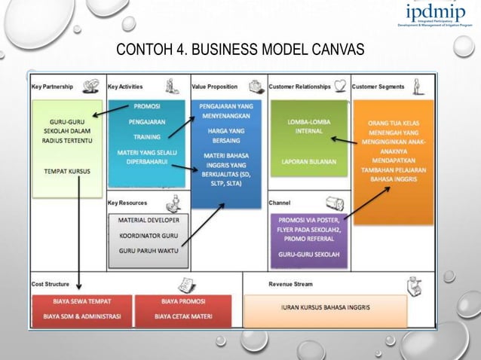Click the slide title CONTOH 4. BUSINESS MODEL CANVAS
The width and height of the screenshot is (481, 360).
[x=240, y=50]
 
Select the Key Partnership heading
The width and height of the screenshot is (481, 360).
[x=52, y=87]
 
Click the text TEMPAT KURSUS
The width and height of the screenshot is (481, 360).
[x=66, y=172]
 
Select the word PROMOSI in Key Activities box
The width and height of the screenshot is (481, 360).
[x=146, y=107]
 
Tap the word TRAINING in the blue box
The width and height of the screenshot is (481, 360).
[x=146, y=137]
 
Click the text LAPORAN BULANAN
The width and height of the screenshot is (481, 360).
[x=308, y=162]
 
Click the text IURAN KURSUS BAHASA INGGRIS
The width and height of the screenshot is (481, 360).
[x=325, y=308]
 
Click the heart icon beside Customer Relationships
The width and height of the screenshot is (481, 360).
[x=341, y=85]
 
